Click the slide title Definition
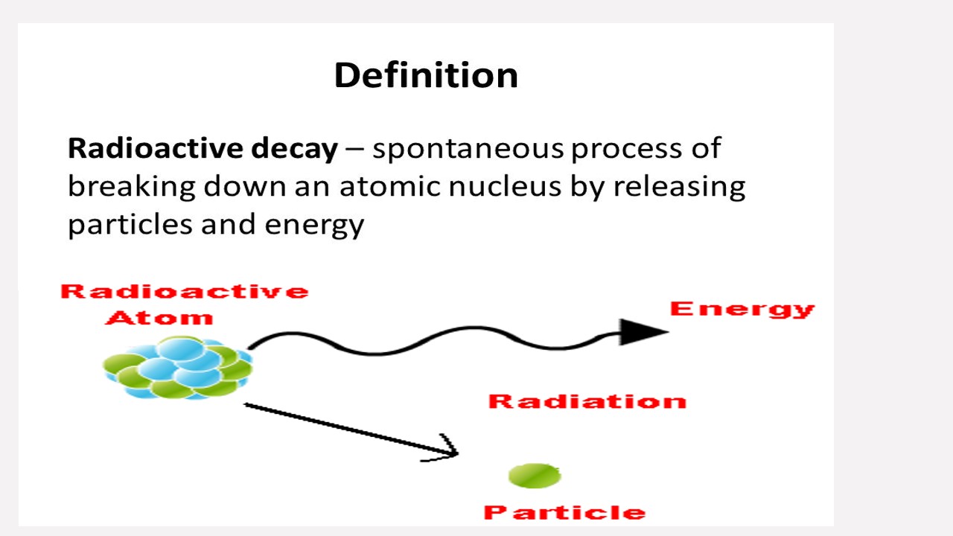(x=426, y=75)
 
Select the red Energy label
(x=742, y=309)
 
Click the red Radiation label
(x=587, y=402)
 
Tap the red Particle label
(x=564, y=512)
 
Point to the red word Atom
(x=159, y=318)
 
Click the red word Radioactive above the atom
(x=184, y=291)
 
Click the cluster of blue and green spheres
(x=179, y=368)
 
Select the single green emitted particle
(x=535, y=476)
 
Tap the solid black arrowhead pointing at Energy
(x=642, y=332)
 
